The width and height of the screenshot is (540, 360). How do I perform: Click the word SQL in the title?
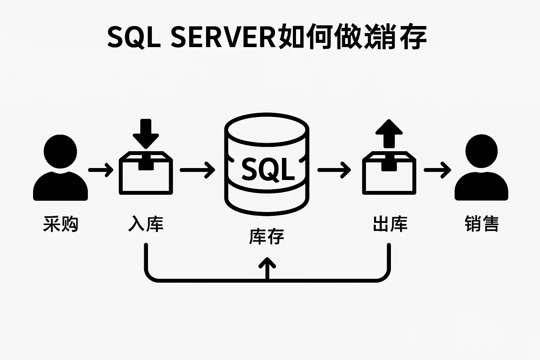coord(133,37)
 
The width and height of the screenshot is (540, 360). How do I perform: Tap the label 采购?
coord(60,224)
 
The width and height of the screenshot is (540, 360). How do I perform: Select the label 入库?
coord(146,224)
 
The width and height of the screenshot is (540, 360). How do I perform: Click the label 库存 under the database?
coord(266,236)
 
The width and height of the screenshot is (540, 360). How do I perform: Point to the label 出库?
coord(390,224)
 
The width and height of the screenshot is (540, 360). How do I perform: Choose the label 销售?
coord(482,224)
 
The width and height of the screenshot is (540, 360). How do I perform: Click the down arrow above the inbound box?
coord(146,134)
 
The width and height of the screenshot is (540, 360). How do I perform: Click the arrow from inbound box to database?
coord(197,170)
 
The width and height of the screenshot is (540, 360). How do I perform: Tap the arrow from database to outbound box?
coord(334,170)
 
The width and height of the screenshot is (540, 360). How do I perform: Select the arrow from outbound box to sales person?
coord(437,170)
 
